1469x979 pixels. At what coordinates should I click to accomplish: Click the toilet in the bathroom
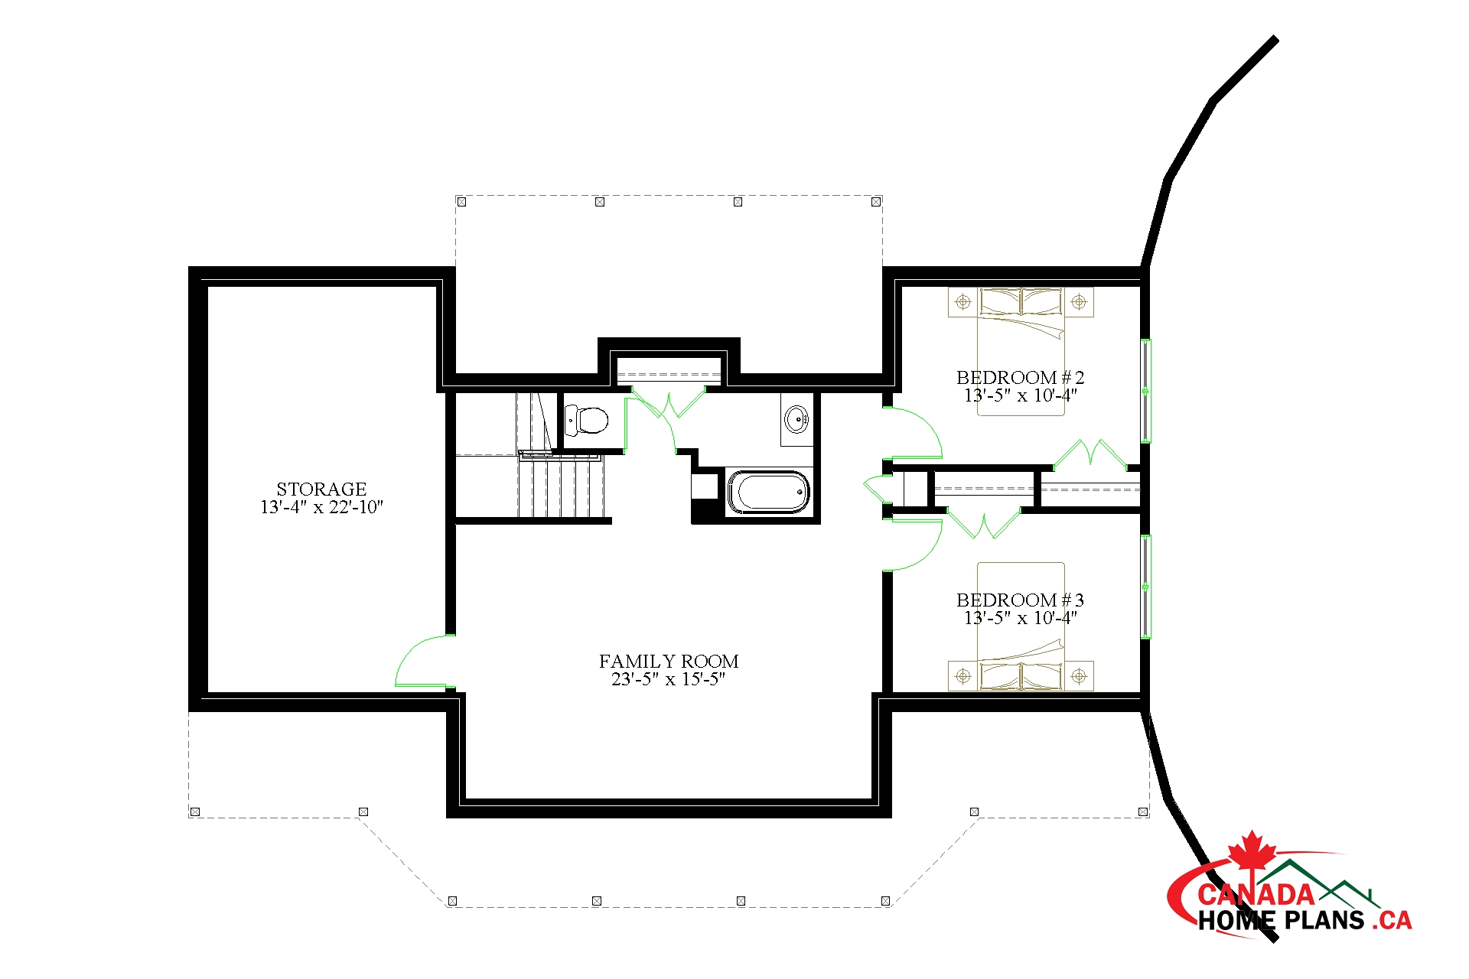pyautogui.click(x=587, y=420)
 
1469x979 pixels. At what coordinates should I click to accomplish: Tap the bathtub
pyautogui.click(x=768, y=492)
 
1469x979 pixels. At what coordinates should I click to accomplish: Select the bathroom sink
pyautogui.click(x=796, y=419)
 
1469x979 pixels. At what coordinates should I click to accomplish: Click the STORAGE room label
pyautogui.click(x=321, y=489)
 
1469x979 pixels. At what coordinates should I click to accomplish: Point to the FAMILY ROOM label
pyautogui.click(x=669, y=661)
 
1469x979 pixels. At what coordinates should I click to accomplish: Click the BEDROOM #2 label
pyautogui.click(x=1020, y=377)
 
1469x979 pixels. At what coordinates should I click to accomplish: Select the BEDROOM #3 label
pyautogui.click(x=1020, y=600)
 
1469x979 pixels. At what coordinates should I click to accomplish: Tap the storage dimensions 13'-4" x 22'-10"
pyautogui.click(x=321, y=507)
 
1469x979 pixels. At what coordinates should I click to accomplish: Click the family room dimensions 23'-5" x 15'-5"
pyautogui.click(x=668, y=679)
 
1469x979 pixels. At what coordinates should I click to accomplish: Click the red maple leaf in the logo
pyautogui.click(x=1252, y=851)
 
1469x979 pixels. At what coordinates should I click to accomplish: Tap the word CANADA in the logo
pyautogui.click(x=1256, y=894)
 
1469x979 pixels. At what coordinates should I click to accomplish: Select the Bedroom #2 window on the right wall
pyautogui.click(x=1145, y=391)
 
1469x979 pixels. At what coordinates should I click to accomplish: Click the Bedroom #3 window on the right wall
pyautogui.click(x=1145, y=587)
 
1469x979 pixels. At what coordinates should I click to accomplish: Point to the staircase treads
pyautogui.click(x=561, y=487)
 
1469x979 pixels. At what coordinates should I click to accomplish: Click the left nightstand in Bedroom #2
pyautogui.click(x=963, y=302)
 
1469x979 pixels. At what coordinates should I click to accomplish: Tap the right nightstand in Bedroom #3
pyautogui.click(x=1079, y=676)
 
